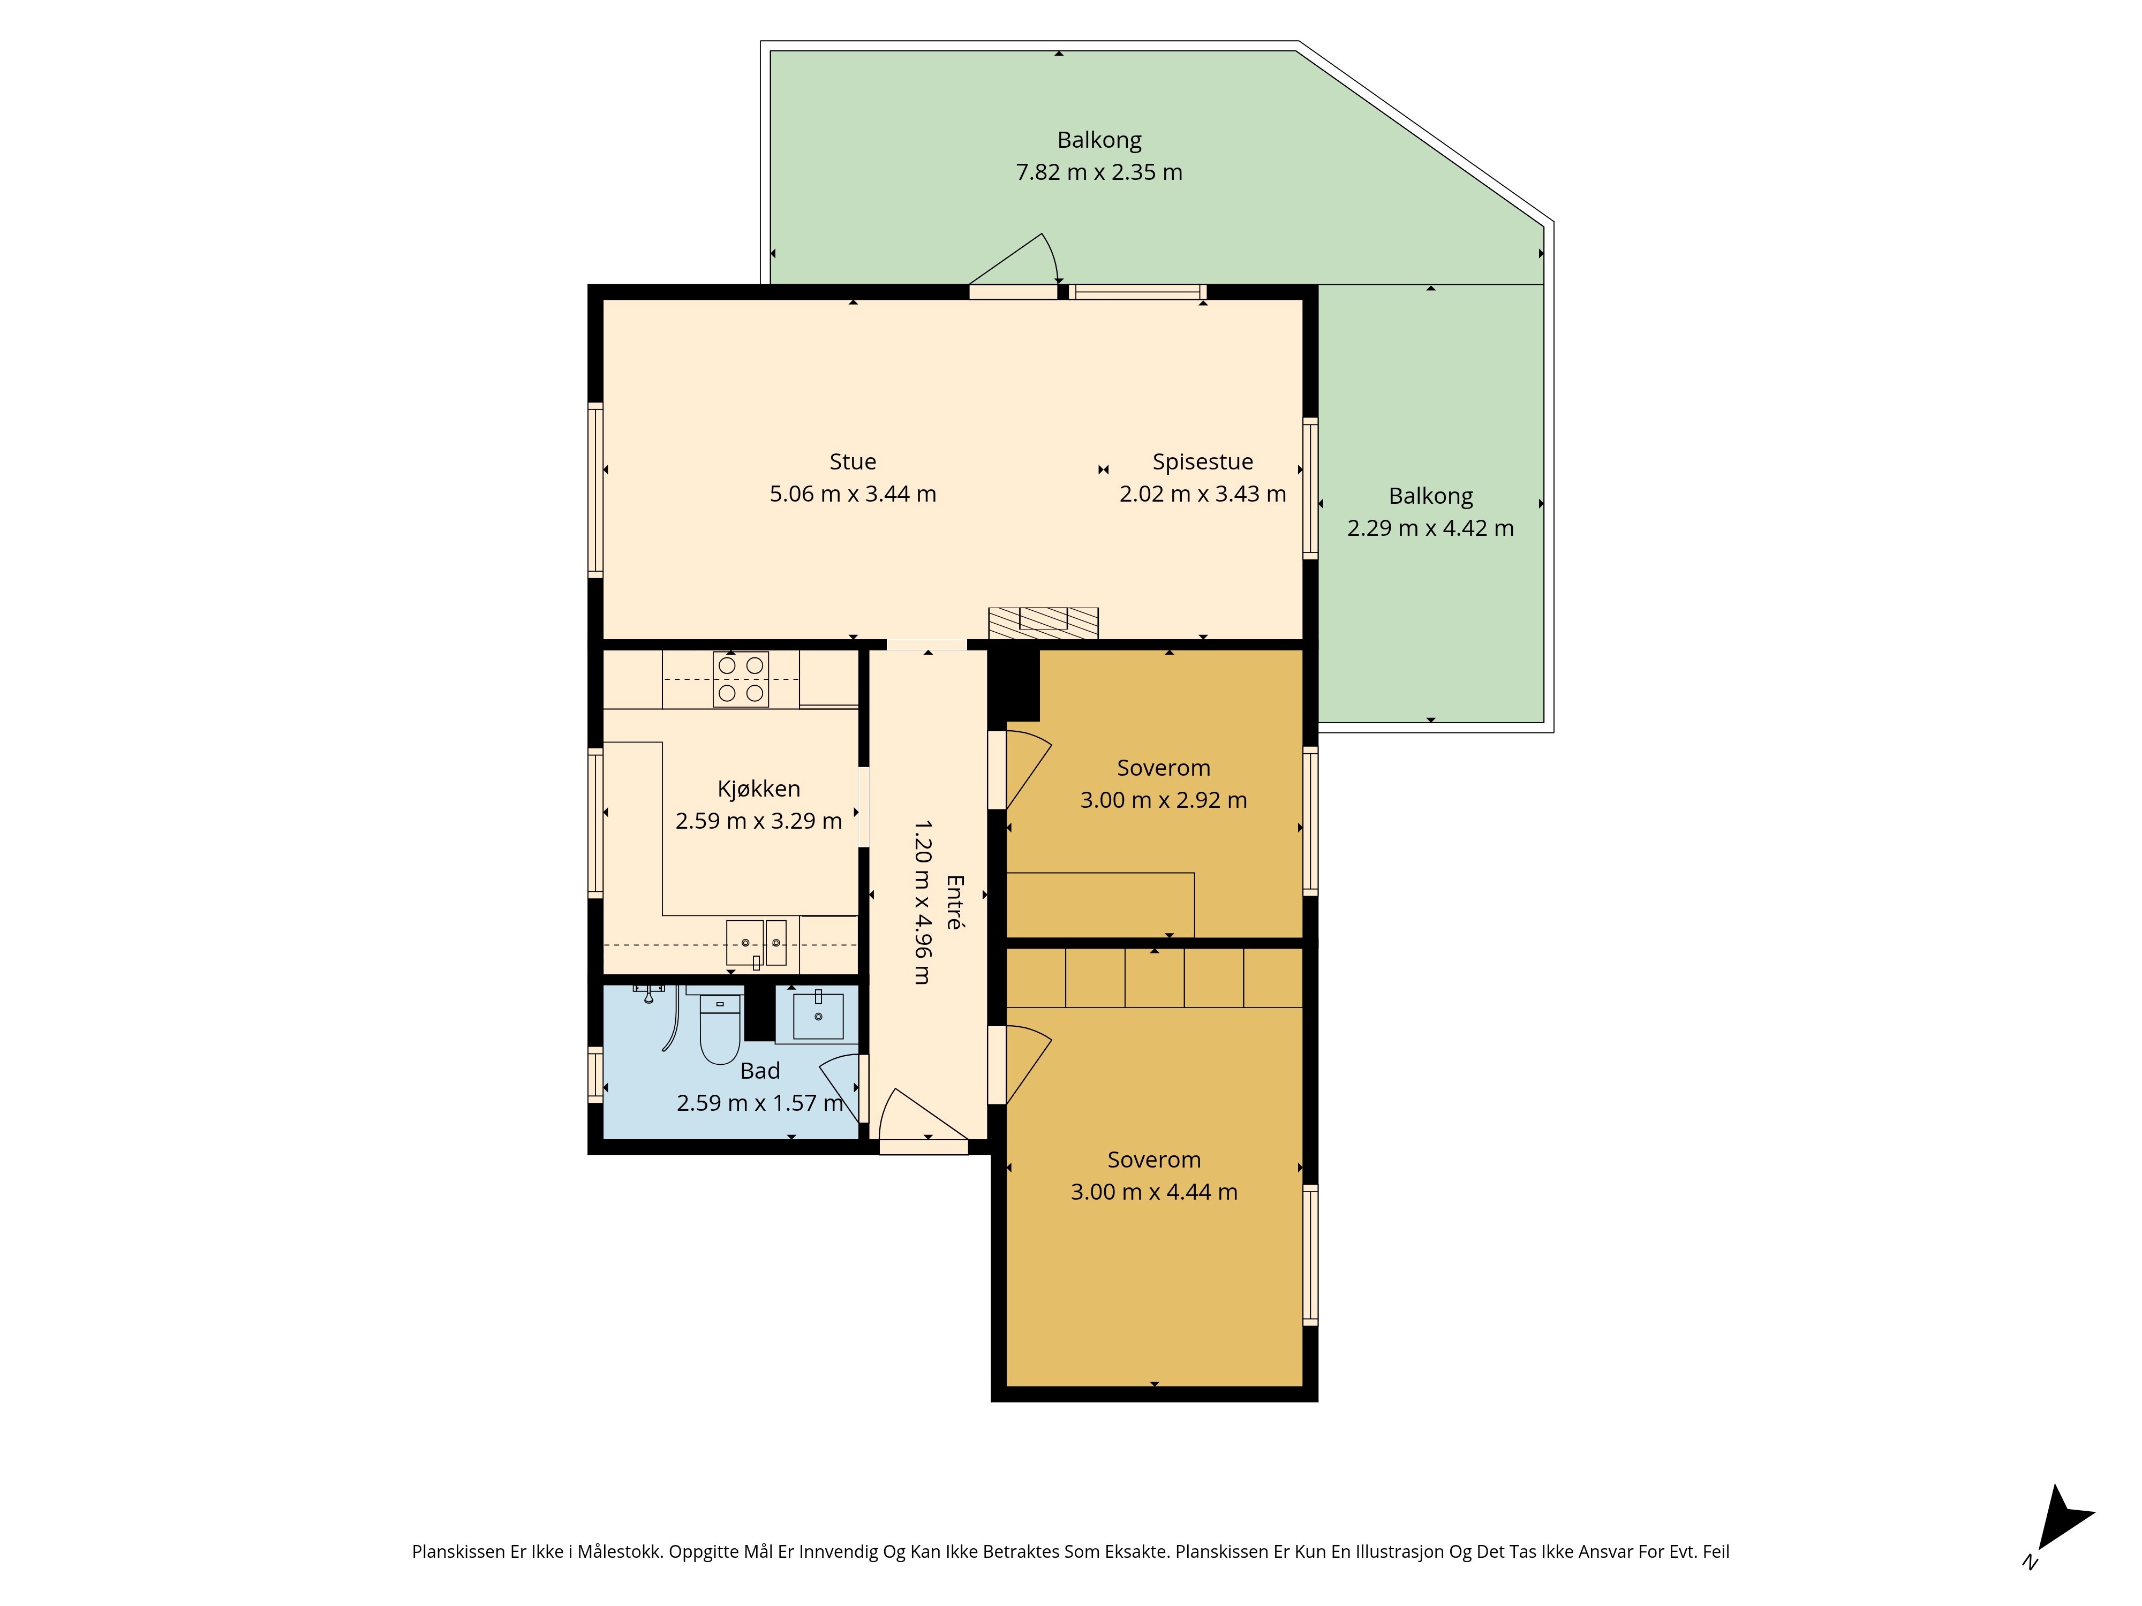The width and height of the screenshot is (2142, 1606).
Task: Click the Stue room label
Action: tap(852, 462)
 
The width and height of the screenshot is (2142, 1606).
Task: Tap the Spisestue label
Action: tap(1203, 462)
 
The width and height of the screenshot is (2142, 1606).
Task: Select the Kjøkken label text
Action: tap(758, 789)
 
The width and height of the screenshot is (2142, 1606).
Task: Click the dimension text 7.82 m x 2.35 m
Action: tap(1099, 172)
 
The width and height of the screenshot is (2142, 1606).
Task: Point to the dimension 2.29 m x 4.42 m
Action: tap(1430, 528)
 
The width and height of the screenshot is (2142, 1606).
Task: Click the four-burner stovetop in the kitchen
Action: tap(741, 679)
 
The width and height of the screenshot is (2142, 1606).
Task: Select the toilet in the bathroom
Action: tap(720, 1026)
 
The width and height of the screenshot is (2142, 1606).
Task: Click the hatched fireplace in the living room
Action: tap(1043, 623)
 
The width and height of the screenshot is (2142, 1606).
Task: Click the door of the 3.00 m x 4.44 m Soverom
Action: tap(1028, 1063)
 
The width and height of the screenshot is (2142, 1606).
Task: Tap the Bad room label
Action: tap(760, 1071)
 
